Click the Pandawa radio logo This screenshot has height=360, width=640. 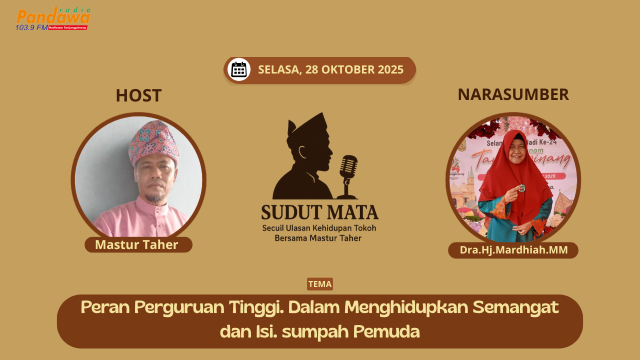(x=53, y=18)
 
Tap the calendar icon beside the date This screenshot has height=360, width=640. (x=239, y=69)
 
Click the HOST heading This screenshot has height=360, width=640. (x=138, y=95)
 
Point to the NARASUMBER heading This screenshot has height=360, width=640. (x=513, y=94)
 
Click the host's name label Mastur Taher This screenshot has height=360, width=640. (x=137, y=245)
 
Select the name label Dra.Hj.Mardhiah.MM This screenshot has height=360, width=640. (x=513, y=250)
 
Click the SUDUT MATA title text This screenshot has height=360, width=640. (x=320, y=212)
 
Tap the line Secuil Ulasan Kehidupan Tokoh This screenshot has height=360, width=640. (x=319, y=228)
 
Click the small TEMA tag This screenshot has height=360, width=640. (x=320, y=284)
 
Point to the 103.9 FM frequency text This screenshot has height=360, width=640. (x=31, y=27)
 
